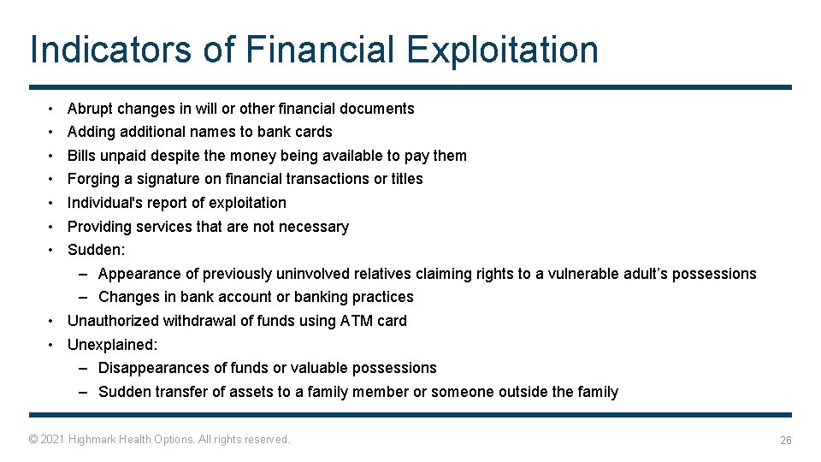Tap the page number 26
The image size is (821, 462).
coord(785,440)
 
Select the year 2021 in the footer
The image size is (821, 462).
coord(53,439)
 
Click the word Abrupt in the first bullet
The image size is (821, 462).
coord(90,109)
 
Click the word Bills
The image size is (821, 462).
coord(81,156)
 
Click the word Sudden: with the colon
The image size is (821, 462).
coord(96,250)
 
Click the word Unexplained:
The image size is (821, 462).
coord(112,345)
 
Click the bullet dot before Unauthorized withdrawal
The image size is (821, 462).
coord(51,321)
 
